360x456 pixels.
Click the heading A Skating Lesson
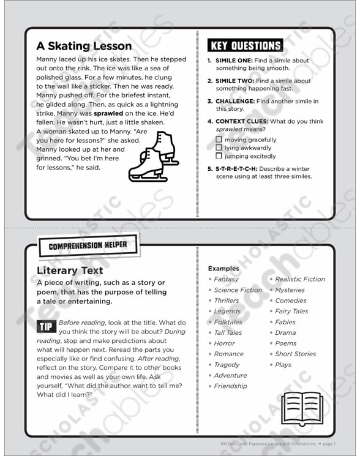(x=84, y=46)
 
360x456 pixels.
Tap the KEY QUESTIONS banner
(x=245, y=45)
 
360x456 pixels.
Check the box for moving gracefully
(x=219, y=140)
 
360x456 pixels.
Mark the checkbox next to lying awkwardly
(x=219, y=148)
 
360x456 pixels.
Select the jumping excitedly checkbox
(x=219, y=157)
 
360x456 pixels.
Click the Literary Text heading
(x=69, y=270)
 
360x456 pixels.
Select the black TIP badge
(x=47, y=326)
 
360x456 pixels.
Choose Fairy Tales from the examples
(x=291, y=312)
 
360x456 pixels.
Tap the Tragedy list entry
(x=227, y=365)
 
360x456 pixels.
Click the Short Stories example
(x=295, y=354)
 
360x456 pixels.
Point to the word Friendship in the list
(x=230, y=386)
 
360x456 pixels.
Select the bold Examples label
(x=223, y=268)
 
